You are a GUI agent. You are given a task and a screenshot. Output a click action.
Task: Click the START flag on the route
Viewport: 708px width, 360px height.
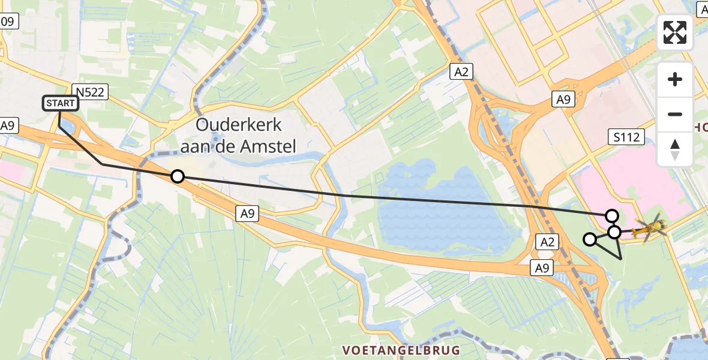61,103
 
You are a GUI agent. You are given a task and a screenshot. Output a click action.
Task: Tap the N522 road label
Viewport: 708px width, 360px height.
89,92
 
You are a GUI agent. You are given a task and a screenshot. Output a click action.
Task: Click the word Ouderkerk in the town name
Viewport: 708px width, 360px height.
239,125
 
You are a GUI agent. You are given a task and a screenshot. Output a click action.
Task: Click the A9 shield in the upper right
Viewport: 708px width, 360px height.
563,100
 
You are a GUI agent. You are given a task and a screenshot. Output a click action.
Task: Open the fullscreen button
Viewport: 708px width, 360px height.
675,32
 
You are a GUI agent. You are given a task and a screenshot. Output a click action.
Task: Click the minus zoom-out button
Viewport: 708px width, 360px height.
675,114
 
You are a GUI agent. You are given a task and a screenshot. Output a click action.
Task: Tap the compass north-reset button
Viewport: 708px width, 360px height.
675,149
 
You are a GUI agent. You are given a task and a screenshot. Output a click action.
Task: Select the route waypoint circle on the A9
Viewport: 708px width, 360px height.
177,176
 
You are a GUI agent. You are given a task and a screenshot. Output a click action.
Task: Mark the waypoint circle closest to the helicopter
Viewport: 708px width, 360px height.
614,232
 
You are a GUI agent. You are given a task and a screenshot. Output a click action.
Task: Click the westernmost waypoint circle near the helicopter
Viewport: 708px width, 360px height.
590,239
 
